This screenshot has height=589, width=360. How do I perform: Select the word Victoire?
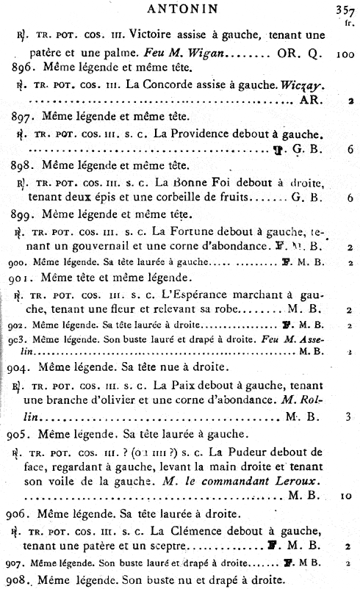147,36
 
